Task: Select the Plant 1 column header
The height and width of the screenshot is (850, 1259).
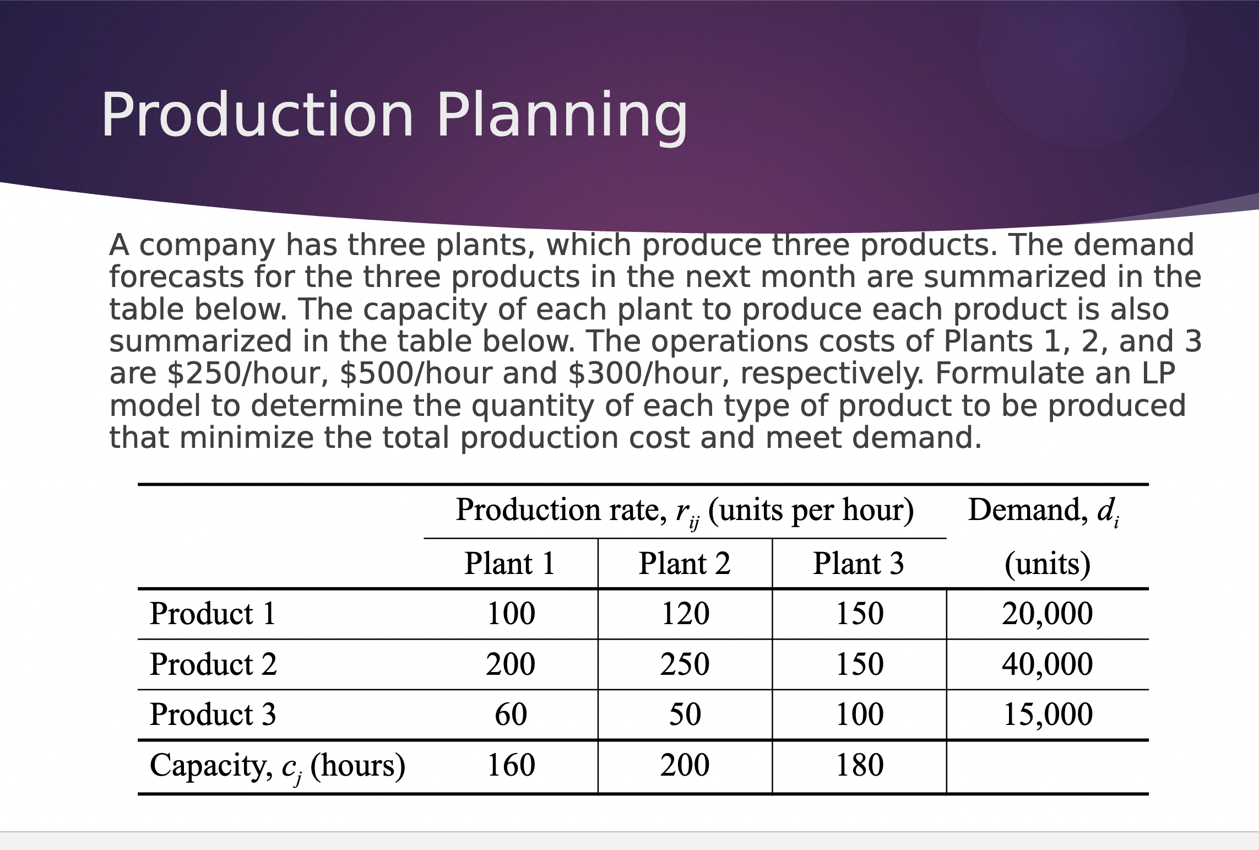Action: [x=509, y=564]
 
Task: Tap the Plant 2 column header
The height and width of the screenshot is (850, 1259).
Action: [x=685, y=564]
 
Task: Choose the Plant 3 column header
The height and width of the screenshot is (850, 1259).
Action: [x=859, y=564]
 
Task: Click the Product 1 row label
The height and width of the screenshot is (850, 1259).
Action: [x=213, y=614]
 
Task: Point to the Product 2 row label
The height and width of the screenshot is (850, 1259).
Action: [x=213, y=664]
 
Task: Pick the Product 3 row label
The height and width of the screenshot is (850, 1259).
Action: [x=213, y=714]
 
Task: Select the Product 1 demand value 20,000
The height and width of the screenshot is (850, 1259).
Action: [x=1047, y=614]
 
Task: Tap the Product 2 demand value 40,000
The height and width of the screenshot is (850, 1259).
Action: [x=1047, y=664]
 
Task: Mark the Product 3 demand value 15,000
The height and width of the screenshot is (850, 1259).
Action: [x=1048, y=714]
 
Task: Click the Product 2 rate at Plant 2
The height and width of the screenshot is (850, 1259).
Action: [x=685, y=664]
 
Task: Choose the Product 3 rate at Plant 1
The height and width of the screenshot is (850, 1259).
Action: [x=511, y=714]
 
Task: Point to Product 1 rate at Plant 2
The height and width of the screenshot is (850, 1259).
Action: [x=685, y=614]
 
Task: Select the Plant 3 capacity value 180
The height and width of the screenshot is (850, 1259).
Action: [x=859, y=765]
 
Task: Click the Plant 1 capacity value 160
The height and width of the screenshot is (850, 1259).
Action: [x=511, y=765]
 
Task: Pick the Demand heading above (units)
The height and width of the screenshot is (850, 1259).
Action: [x=1043, y=510]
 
